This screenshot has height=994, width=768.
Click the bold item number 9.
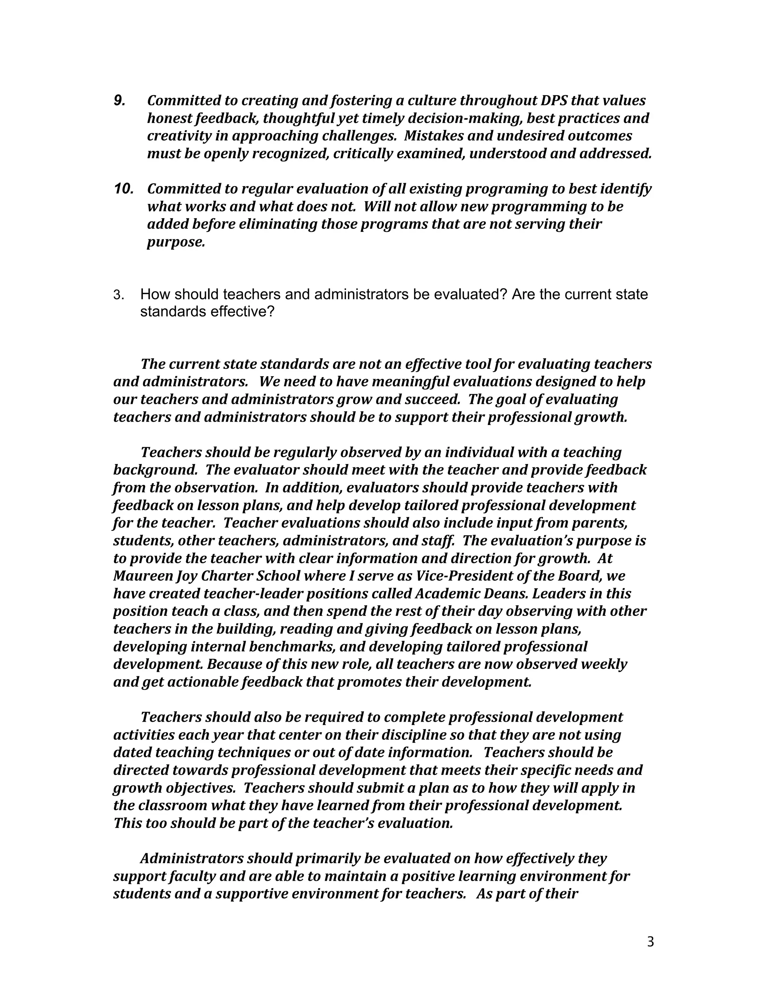(x=119, y=101)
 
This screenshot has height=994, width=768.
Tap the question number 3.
(x=118, y=295)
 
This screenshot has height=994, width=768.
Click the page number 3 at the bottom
(x=650, y=941)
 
